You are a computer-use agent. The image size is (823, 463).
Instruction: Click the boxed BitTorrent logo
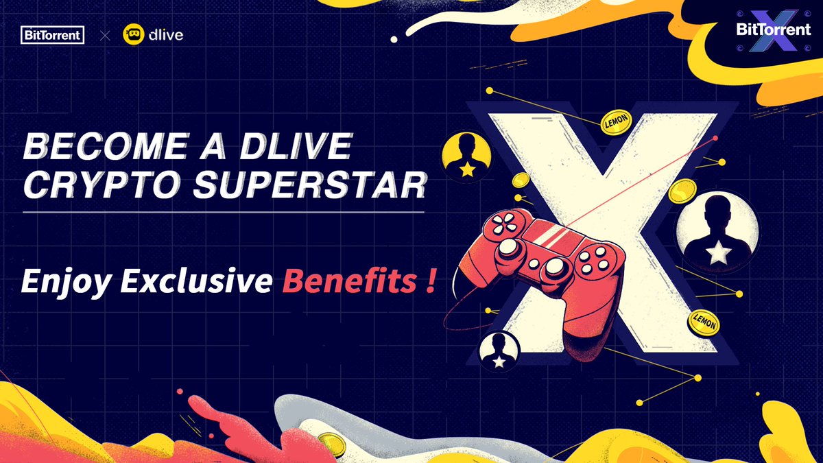click(53, 35)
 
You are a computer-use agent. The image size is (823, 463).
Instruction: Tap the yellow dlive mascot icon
click(133, 34)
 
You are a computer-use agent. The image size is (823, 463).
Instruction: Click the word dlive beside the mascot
click(166, 34)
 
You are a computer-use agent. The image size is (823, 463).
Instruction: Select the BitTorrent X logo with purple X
click(774, 30)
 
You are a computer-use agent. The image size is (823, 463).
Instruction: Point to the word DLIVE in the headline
click(296, 146)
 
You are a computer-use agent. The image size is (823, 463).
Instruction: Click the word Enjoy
click(67, 282)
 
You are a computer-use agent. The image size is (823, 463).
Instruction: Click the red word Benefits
click(349, 281)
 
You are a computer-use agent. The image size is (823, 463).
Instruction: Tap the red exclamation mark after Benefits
click(431, 281)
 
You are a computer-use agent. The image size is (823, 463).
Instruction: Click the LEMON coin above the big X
click(616, 121)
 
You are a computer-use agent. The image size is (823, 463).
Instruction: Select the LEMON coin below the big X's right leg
click(704, 322)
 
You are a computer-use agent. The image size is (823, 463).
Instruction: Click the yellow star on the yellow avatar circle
click(467, 169)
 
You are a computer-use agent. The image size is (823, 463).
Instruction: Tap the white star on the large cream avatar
click(718, 252)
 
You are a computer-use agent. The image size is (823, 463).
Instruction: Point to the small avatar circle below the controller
click(499, 351)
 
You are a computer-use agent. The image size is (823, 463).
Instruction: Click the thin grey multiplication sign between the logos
click(105, 36)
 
